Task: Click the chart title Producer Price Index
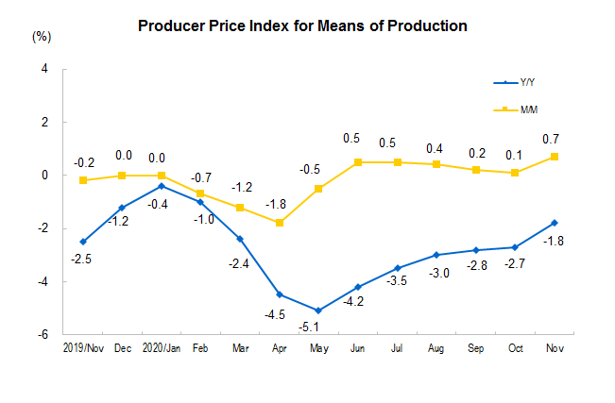point(302,25)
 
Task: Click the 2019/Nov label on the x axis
point(83,348)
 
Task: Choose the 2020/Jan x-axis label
point(162,348)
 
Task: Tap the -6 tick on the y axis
point(44,334)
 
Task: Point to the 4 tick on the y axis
point(45,69)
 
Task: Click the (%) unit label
point(42,37)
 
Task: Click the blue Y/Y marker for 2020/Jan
point(162,186)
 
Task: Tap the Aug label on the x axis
point(436,348)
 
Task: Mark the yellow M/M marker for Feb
point(200,193)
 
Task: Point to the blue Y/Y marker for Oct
point(515,247)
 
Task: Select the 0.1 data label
point(515,155)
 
